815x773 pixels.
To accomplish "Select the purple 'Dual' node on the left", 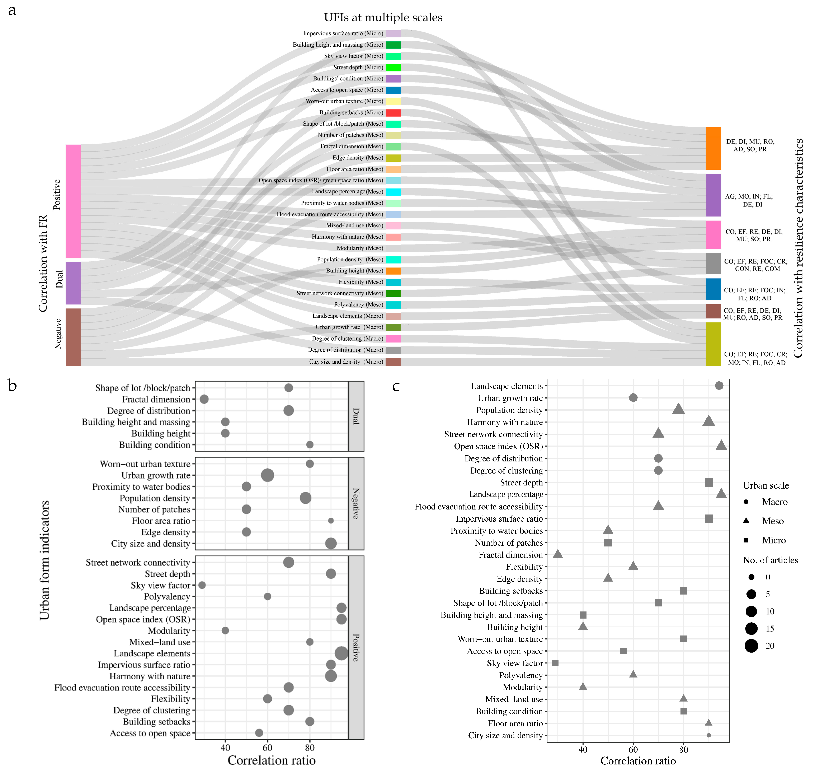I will tap(73, 283).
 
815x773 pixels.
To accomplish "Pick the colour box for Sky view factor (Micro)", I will tap(393, 56).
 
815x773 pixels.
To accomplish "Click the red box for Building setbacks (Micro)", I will tap(393, 112).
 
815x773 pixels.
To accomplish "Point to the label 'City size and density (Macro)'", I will tap(346, 362).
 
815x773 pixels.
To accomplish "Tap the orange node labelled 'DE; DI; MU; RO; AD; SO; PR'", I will tap(713, 148).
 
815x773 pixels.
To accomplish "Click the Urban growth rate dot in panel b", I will tap(267, 475).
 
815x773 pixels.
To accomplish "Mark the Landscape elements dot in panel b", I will tap(341, 653).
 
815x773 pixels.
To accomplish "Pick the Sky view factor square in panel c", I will tap(555, 663).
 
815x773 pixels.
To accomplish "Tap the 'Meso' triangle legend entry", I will tap(746, 521).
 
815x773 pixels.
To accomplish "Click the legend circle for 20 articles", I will tap(751, 646).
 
